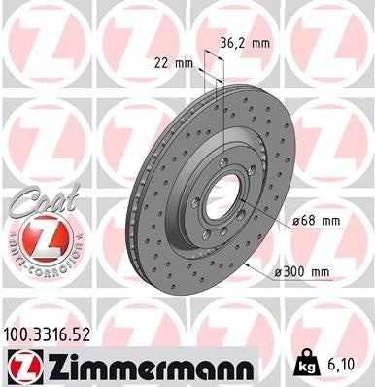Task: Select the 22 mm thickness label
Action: pos(174,63)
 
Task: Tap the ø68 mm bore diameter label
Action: pos(317,221)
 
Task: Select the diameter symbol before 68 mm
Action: pos(296,221)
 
